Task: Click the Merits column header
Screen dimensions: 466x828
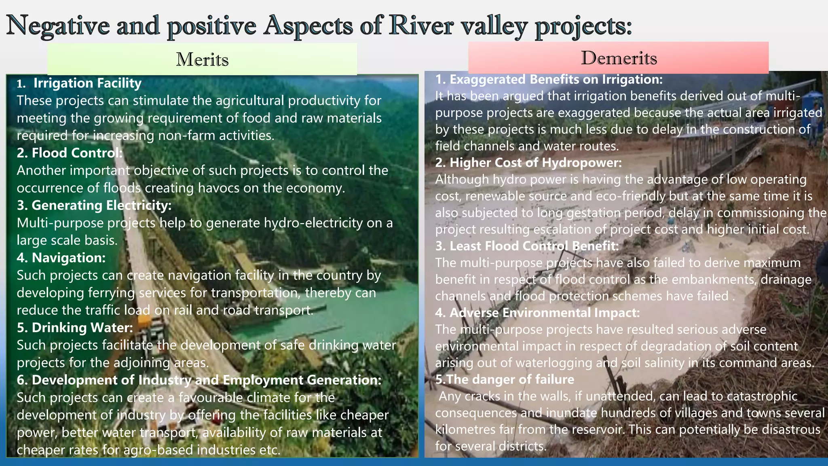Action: coord(202,59)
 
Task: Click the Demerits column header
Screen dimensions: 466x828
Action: coord(619,58)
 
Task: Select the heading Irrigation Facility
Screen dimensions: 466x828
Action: coord(87,83)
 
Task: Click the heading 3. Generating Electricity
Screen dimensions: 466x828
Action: coord(94,205)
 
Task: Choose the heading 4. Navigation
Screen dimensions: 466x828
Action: coord(61,258)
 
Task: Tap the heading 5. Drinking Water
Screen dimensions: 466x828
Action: coord(75,328)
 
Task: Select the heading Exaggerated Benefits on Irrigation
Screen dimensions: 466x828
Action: coord(549,79)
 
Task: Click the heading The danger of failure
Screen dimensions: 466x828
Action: coord(505,379)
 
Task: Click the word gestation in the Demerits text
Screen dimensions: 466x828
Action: coord(594,213)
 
